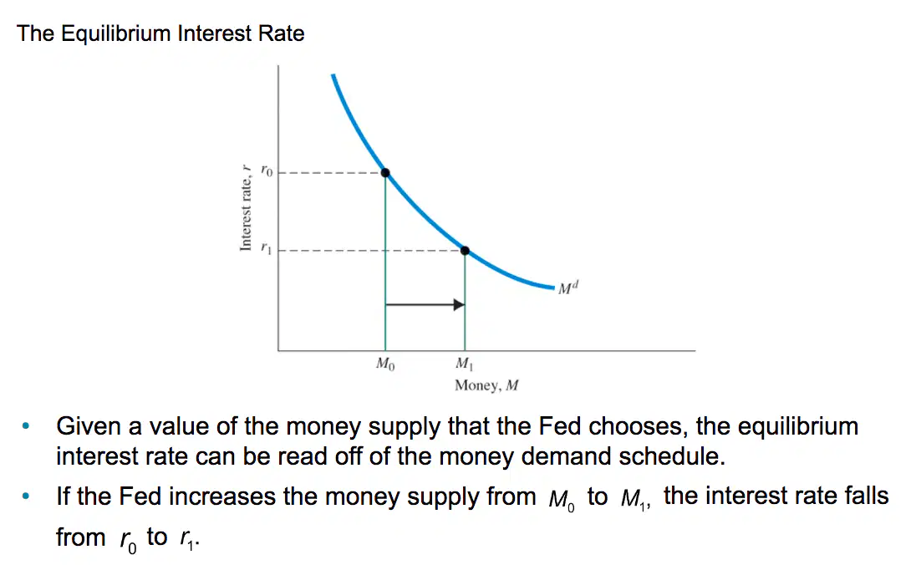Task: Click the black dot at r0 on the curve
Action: coord(385,173)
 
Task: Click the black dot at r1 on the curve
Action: coord(465,251)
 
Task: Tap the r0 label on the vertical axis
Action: coord(267,171)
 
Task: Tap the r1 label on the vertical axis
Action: coord(267,248)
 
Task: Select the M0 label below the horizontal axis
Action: coord(385,364)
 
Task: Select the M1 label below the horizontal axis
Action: coord(465,364)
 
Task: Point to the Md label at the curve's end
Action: coord(567,288)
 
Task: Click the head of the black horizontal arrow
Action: coord(460,304)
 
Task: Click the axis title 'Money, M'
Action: coord(486,385)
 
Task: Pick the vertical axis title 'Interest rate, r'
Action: coord(246,207)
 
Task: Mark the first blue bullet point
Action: coord(26,426)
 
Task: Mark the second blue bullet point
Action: coord(26,496)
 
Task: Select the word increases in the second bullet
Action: coord(222,496)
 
